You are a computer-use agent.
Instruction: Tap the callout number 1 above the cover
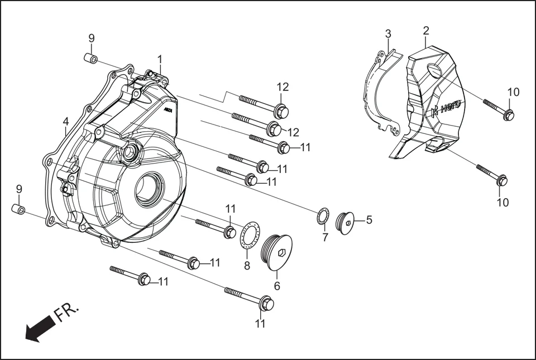click(x=160, y=59)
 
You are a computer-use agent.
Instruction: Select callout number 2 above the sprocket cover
click(x=426, y=30)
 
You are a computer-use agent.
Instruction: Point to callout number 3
click(x=388, y=33)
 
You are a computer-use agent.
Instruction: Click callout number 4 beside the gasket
click(x=66, y=121)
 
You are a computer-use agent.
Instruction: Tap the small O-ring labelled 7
click(x=323, y=217)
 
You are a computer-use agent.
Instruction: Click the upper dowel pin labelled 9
click(x=92, y=59)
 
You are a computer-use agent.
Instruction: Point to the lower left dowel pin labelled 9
click(x=19, y=209)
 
